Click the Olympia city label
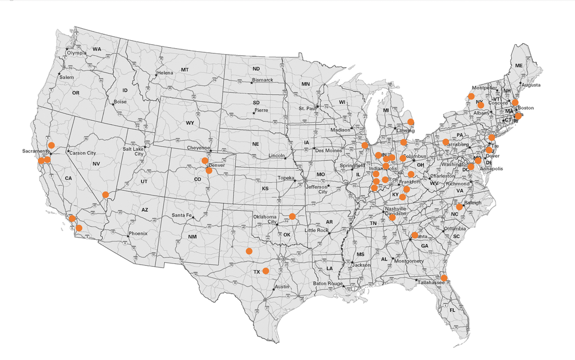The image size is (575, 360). [77, 53]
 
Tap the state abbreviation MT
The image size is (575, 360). [185, 70]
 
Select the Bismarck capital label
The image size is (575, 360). [263, 80]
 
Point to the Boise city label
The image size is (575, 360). [120, 102]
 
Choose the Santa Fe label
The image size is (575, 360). [182, 216]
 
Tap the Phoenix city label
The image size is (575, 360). [138, 233]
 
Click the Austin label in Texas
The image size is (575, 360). [282, 286]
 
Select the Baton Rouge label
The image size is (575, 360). [328, 284]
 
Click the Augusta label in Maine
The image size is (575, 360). [531, 85]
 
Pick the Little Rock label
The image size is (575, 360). [317, 230]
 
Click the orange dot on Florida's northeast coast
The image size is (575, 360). [444, 278]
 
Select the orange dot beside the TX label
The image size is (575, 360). [266, 270]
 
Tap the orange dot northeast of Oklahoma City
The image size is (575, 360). [292, 216]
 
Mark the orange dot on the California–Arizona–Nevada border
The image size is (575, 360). [105, 194]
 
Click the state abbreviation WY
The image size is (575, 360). [190, 122]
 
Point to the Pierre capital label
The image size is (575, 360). [261, 110]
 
